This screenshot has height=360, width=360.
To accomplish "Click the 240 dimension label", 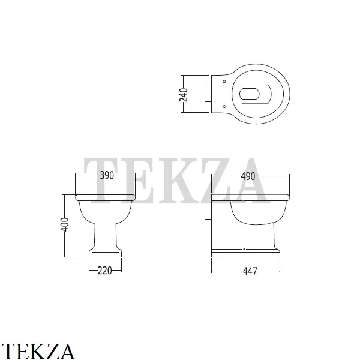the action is (184, 95).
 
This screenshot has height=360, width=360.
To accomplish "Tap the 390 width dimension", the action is (107, 175).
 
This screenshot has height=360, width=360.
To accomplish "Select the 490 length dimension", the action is (248, 176).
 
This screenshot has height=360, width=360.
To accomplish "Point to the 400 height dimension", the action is (65, 224).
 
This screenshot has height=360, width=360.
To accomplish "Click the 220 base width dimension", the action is (105, 271).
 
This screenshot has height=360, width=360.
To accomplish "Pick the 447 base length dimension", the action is (250, 271).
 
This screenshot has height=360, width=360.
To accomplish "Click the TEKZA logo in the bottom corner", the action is (38, 352).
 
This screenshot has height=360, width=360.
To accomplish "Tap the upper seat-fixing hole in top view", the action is (224, 82).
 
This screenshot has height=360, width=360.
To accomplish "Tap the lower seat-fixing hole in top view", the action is (224, 106).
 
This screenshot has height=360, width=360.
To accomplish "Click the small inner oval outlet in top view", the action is (250, 94).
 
